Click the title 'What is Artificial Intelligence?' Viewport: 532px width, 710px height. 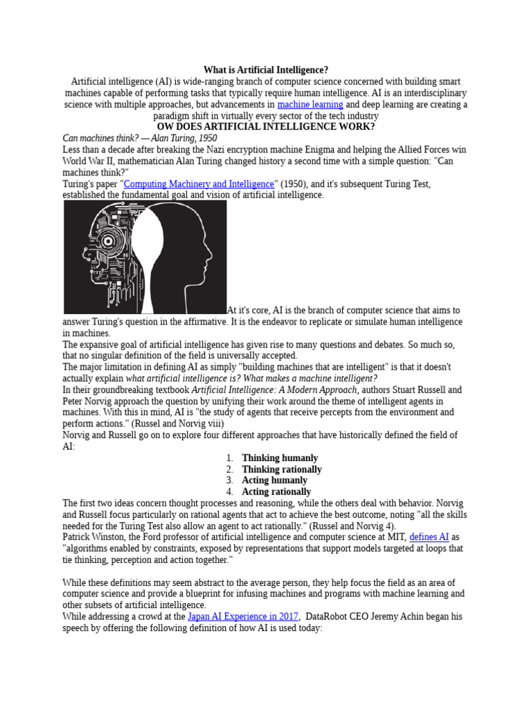click(265, 70)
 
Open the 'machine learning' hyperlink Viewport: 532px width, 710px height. click(310, 104)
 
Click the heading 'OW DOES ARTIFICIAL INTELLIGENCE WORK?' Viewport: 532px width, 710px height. click(265, 127)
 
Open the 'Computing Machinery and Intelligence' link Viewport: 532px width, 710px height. click(199, 184)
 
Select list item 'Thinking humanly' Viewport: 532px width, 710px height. click(280, 458)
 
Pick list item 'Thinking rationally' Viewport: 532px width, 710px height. click(281, 469)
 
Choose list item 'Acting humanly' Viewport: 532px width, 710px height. click(274, 480)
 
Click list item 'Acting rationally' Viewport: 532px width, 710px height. click(276, 492)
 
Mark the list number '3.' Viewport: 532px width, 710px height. click(230, 480)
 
